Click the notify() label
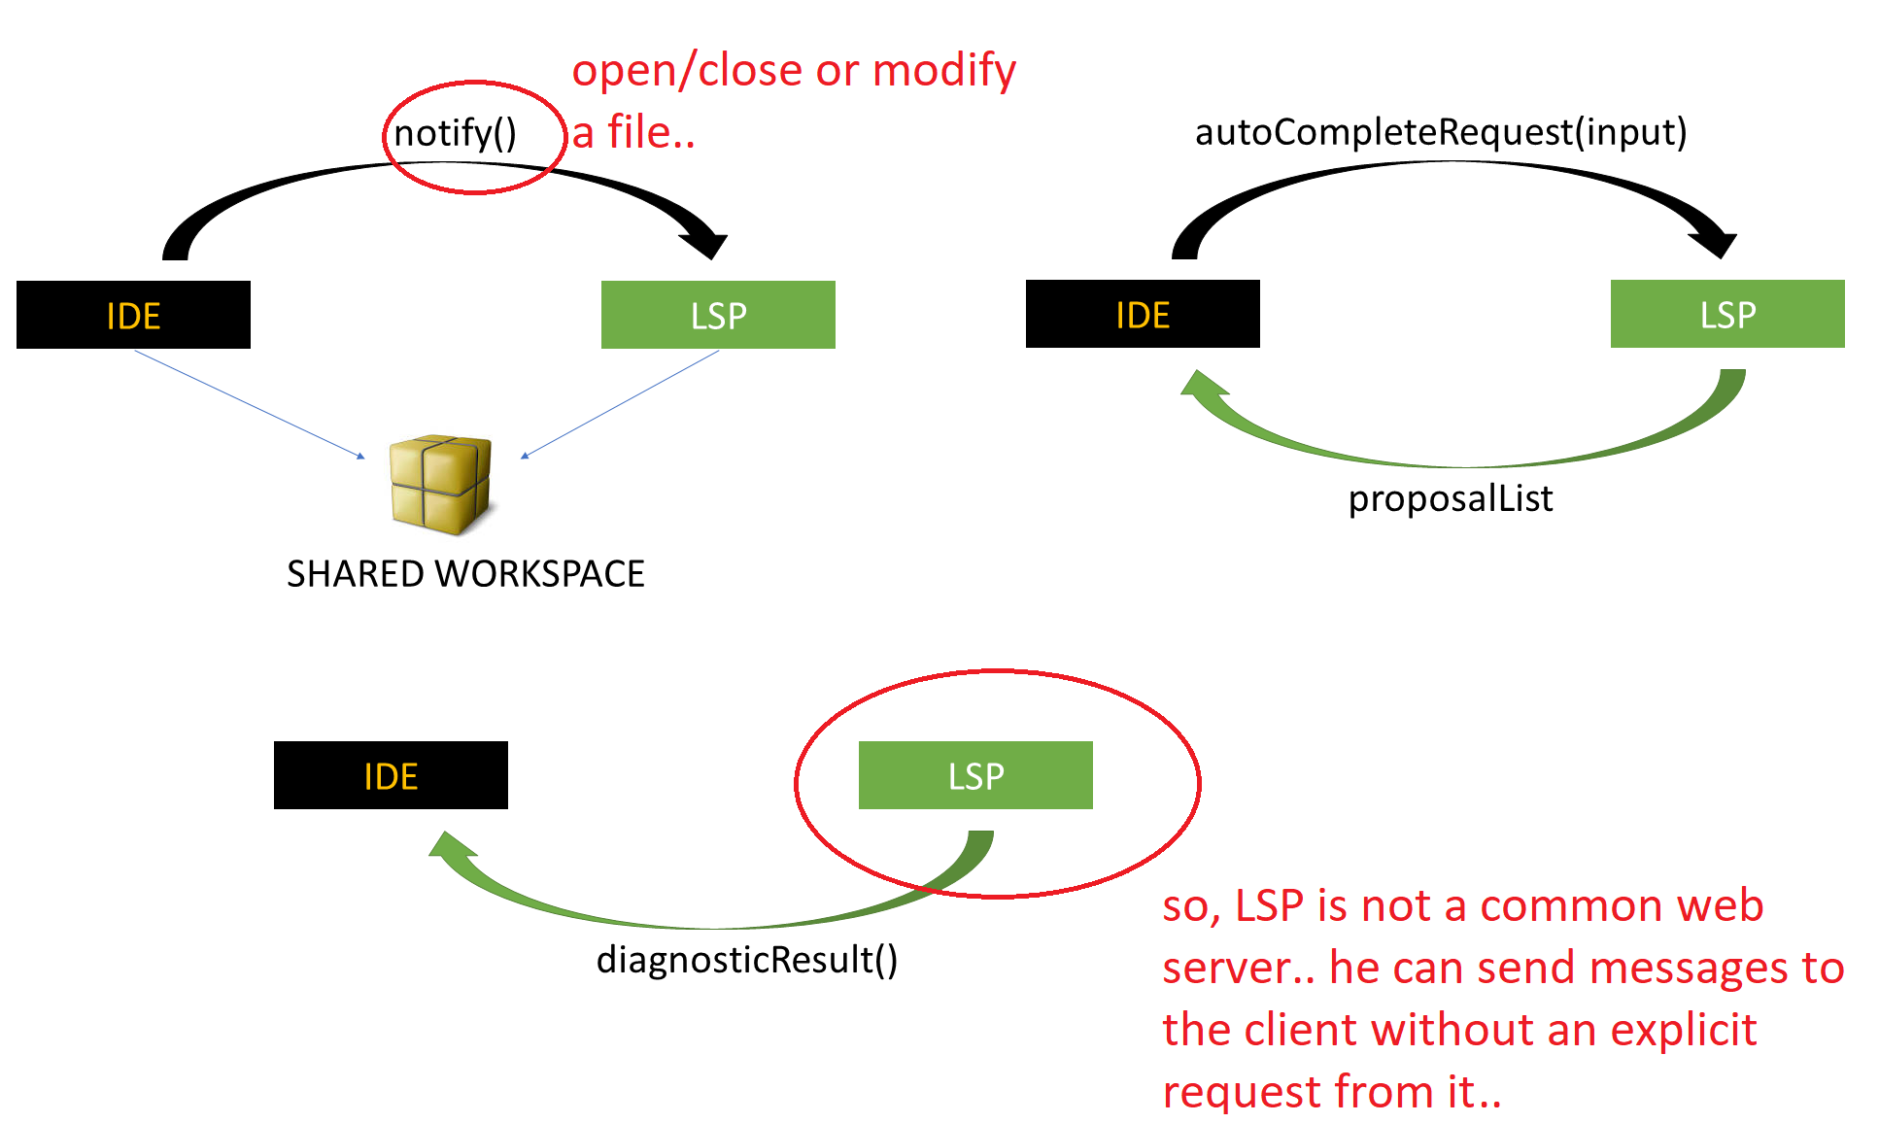tap(455, 133)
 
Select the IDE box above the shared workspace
tap(133, 315)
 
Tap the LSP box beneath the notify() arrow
tap(718, 315)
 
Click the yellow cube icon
tap(440, 484)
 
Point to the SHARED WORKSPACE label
tap(465, 574)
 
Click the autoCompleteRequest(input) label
tap(1440, 132)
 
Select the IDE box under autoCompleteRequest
tap(1143, 314)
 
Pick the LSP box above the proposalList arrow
tap(1726, 314)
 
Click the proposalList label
tap(1450, 498)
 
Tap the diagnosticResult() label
tap(746, 960)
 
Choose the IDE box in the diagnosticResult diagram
tap(391, 775)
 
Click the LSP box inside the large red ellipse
tap(975, 775)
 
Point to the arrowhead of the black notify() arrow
tap(707, 244)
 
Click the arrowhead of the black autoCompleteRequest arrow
tap(1717, 243)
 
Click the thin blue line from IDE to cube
tap(249, 404)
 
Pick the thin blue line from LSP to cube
tap(622, 403)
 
